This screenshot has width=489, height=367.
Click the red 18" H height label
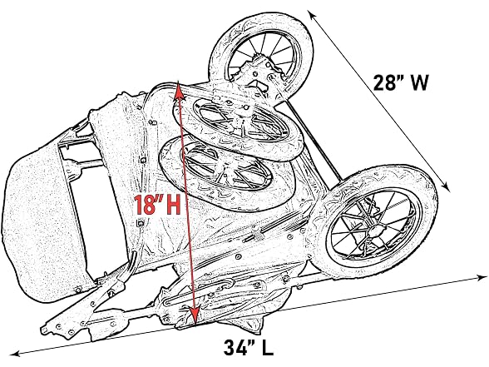(157, 205)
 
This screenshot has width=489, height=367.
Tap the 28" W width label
(401, 82)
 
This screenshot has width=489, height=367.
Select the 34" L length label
(248, 347)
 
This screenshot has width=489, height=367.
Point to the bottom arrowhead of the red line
(195, 316)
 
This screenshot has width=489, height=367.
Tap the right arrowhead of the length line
(481, 277)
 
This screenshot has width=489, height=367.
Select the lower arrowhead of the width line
(447, 186)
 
